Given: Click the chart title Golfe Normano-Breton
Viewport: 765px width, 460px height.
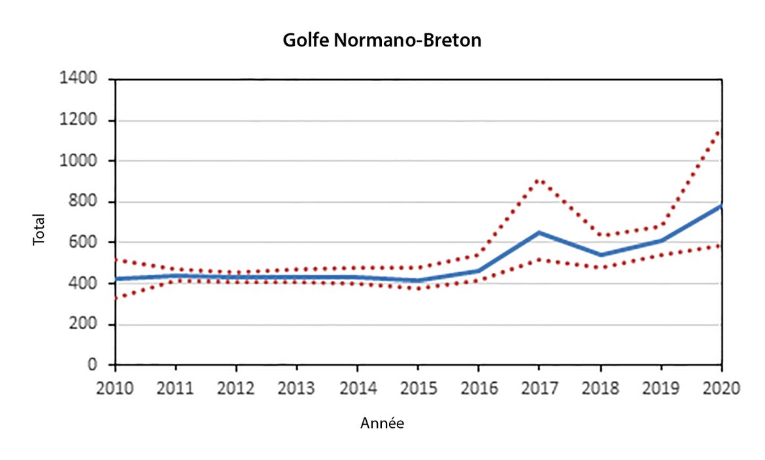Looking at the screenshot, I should click(x=382, y=41).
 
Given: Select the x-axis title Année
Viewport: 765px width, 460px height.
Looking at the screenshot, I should click(x=382, y=424).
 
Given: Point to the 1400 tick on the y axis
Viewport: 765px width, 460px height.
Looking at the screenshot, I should click(x=80, y=79).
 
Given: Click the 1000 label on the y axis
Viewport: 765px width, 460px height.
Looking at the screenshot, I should click(x=80, y=161).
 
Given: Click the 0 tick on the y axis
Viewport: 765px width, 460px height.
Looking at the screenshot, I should click(x=93, y=365).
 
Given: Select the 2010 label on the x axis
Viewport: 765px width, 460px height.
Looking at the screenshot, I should click(x=115, y=387).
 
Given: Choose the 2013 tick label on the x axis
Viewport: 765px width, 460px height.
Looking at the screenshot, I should click(x=297, y=387).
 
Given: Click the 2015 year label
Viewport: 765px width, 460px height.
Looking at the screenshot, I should click(x=418, y=387).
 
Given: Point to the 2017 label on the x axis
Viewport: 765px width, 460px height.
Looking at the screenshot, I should click(x=539, y=387).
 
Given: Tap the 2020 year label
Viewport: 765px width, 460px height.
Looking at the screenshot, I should click(x=721, y=387).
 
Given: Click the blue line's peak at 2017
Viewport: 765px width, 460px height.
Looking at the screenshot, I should click(x=539, y=232).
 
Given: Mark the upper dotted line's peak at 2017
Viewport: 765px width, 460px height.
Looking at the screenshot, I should click(x=539, y=180).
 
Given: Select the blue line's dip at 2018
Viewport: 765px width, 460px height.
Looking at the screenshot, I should click(x=600, y=255).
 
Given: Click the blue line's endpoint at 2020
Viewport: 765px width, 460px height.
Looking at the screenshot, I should click(x=721, y=206).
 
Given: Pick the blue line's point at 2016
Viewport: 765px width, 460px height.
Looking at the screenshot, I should click(x=479, y=270).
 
